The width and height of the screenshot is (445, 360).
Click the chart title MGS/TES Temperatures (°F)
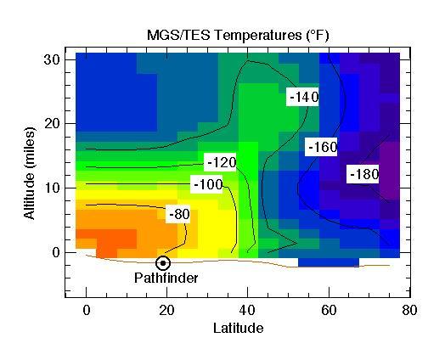click(x=238, y=35)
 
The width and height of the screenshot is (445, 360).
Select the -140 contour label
click(x=302, y=97)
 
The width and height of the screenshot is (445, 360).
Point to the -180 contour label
click(x=363, y=174)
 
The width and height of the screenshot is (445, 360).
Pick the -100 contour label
click(x=207, y=184)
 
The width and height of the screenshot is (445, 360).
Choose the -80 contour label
click(x=179, y=214)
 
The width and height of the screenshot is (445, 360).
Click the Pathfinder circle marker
click(x=162, y=263)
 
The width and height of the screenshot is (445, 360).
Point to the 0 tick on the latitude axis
click(x=87, y=310)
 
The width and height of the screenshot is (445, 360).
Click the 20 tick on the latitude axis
click(x=167, y=310)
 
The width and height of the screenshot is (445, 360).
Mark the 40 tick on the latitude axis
click(x=248, y=310)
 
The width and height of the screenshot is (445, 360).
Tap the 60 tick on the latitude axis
click(x=329, y=310)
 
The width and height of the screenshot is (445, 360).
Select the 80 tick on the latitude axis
click(x=409, y=310)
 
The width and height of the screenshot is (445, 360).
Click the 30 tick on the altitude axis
click(x=52, y=59)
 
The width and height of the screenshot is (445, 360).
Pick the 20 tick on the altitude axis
click(x=52, y=123)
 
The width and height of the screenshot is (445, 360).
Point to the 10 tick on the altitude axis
click(x=52, y=188)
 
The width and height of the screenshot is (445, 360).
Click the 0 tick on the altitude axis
click(x=55, y=252)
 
